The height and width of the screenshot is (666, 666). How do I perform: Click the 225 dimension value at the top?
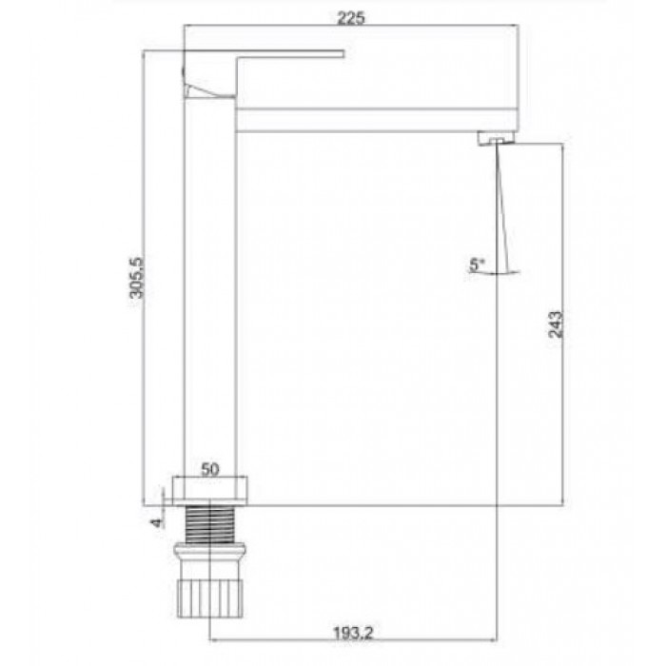pos(351,18)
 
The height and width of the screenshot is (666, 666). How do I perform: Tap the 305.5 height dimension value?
pos(137,278)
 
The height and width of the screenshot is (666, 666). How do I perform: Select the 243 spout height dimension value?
pos(556,324)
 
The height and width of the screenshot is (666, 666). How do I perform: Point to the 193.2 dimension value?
pos(353,634)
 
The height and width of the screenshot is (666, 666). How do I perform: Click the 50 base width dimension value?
pos(210,469)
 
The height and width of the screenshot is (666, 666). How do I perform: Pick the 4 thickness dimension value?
pos(157,522)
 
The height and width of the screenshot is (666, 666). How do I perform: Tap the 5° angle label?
pos(477,264)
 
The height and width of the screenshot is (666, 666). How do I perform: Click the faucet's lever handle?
pos(264,54)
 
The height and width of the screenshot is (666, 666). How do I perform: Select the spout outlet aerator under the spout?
pos(496,139)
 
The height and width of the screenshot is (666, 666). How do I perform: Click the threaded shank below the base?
pos(210,524)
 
